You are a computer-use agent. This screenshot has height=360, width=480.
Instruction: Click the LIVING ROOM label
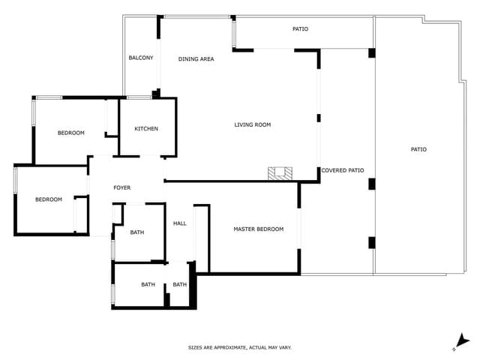click(x=252, y=124)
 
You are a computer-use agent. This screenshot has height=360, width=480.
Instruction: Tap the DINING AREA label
click(x=196, y=58)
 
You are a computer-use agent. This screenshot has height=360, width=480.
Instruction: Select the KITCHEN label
click(x=146, y=128)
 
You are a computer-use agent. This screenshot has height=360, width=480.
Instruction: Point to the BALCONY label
click(x=140, y=58)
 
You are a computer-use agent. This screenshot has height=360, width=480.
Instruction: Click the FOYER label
click(x=121, y=187)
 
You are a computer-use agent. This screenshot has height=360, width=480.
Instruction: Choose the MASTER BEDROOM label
click(x=258, y=229)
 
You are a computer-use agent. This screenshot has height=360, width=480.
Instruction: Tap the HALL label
click(x=180, y=223)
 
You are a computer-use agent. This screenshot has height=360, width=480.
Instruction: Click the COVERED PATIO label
click(x=342, y=170)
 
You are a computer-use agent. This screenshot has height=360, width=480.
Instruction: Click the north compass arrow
click(x=463, y=341)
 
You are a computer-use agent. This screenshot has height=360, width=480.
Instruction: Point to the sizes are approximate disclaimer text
click(x=239, y=347)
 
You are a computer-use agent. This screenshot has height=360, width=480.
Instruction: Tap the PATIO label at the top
click(x=300, y=29)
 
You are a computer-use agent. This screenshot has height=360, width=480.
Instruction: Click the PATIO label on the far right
click(x=418, y=149)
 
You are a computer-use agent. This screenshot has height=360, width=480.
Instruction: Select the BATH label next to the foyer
click(x=136, y=232)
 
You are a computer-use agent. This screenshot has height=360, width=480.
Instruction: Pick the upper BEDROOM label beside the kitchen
click(x=71, y=133)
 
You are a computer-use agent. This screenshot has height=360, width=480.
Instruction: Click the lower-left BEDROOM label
click(x=49, y=199)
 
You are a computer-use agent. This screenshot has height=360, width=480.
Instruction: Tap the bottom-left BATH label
click(x=148, y=284)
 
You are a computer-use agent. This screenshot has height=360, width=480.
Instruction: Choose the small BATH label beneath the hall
click(x=180, y=284)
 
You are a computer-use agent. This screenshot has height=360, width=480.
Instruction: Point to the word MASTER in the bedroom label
click(x=246, y=229)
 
